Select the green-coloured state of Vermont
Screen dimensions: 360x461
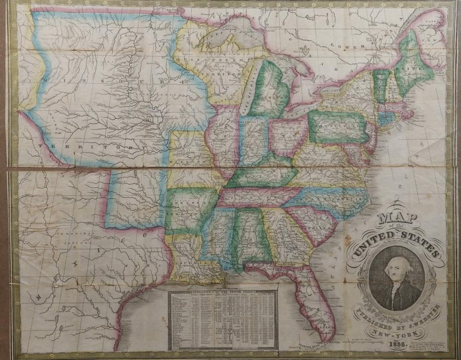pyautogui.click(x=380, y=85)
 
